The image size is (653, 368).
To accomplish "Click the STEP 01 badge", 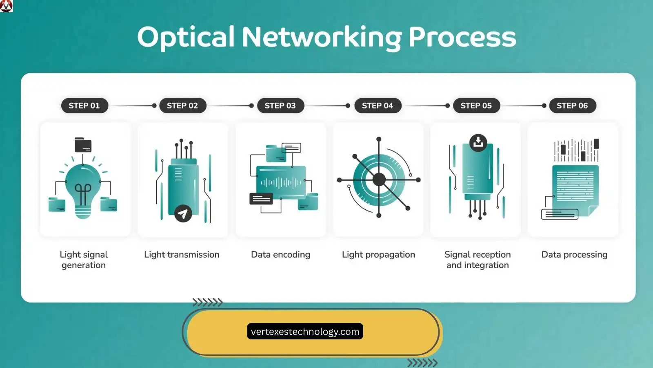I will [x=84, y=105].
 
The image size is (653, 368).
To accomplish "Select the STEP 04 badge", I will [x=378, y=105].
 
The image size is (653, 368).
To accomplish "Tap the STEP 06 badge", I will [x=572, y=105].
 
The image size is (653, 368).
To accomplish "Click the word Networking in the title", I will [x=322, y=37].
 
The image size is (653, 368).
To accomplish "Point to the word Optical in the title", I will [x=186, y=37].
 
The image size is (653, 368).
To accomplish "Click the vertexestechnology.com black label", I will [x=305, y=332].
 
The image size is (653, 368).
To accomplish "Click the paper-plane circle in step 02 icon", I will [x=183, y=213].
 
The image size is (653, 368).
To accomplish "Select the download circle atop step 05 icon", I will [x=478, y=143].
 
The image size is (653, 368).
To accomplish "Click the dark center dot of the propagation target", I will [x=379, y=180].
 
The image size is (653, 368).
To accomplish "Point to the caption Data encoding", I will [x=281, y=254].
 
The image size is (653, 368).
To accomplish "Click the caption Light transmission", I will [x=182, y=254].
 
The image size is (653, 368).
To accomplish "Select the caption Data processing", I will [x=574, y=254].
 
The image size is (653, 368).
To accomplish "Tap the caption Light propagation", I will [x=378, y=254].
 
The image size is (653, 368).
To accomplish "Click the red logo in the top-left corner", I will [x=6, y=6].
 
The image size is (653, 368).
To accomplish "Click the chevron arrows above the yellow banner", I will [x=207, y=303].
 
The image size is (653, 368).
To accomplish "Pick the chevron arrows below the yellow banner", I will [x=422, y=363].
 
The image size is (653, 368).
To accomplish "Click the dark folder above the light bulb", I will [x=83, y=145].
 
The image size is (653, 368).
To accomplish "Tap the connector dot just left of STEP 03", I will [x=251, y=105].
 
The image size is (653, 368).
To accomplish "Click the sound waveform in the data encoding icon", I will [x=281, y=182].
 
